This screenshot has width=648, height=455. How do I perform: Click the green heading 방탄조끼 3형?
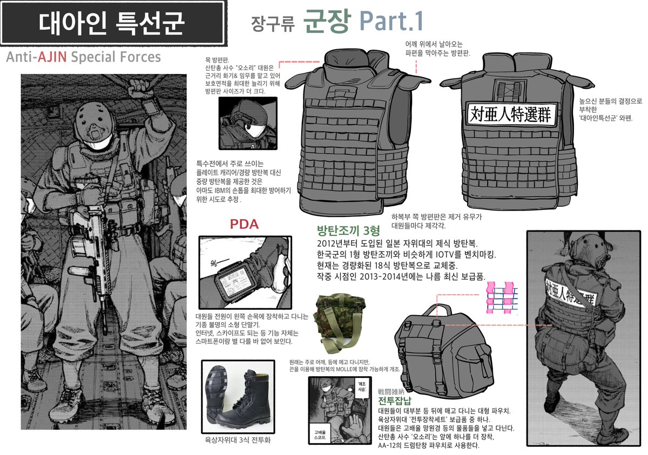coord(349,229)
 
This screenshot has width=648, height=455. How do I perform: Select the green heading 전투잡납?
coord(395,400)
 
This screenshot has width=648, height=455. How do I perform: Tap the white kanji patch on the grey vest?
coord(510,115)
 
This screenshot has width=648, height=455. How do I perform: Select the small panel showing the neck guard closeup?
coord(248,124)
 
